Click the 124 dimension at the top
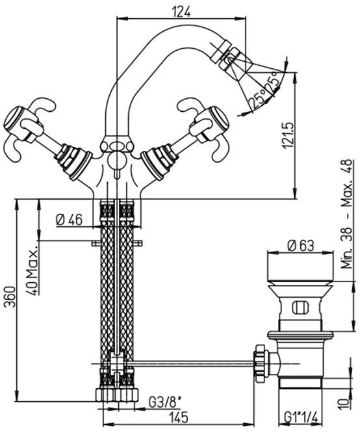[181, 12]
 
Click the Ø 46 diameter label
[69, 220]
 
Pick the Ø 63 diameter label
[301, 246]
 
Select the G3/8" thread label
[165, 402]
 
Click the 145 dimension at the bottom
[179, 417]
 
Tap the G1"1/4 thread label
[302, 417]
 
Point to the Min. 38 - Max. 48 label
[347, 214]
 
